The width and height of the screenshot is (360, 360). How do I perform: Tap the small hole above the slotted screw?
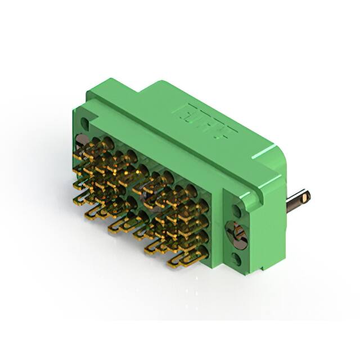coord(237,211)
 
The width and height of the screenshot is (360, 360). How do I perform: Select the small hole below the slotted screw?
coord(237,259)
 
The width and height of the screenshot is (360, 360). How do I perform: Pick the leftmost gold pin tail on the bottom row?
coord(93,213)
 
